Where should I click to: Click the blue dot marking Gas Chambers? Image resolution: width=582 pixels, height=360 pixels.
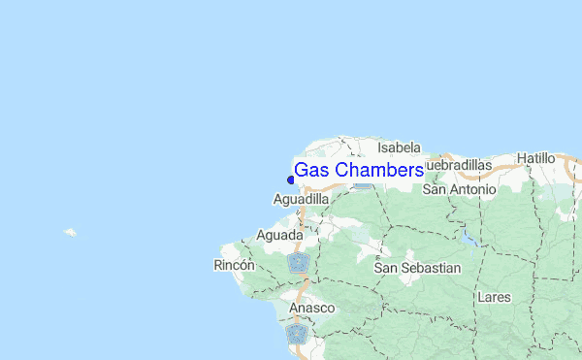[290, 179]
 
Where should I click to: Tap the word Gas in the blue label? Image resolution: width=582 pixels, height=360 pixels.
[312, 170]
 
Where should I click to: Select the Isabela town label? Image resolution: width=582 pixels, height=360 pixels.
[400, 147]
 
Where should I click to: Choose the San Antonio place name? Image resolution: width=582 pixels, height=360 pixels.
[460, 190]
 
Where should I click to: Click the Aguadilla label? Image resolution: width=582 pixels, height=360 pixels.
[302, 199]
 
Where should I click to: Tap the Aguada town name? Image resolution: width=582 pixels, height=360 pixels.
[279, 236]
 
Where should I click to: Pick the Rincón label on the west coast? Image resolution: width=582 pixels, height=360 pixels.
[233, 265]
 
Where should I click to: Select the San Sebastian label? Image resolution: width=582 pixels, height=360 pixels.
[418, 267]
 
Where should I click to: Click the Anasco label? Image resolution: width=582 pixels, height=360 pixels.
[311, 308]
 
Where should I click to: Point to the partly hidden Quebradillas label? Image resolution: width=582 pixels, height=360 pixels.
[459, 166]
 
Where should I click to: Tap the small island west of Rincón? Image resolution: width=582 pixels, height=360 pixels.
[70, 233]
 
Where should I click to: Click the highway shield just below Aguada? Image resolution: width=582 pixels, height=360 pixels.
[298, 262]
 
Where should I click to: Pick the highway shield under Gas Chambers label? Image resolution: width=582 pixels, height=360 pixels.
[362, 182]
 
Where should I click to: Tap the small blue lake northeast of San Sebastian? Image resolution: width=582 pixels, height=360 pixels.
[469, 236]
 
